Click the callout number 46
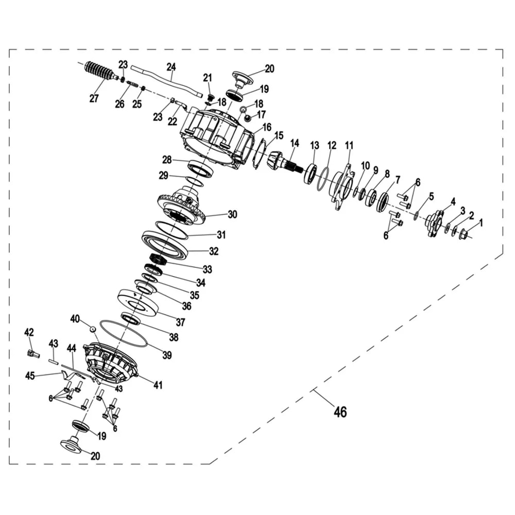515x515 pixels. [340, 411]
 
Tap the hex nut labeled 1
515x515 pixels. [463, 234]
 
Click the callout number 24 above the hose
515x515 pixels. [171, 67]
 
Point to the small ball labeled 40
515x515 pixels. [93, 329]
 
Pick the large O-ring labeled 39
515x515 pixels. [123, 333]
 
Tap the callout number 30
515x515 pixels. [232, 214]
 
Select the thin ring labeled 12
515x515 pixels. [323, 179]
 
